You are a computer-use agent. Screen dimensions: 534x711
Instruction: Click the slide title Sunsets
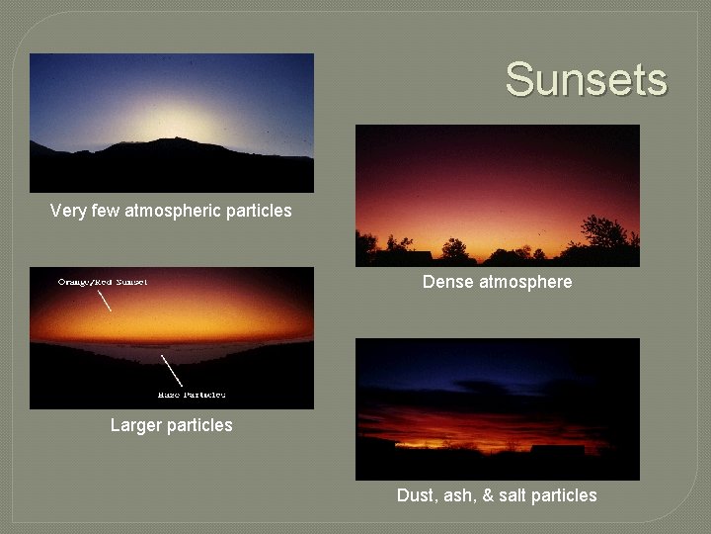click(x=586, y=79)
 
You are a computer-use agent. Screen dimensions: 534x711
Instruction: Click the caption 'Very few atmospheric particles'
click(x=171, y=211)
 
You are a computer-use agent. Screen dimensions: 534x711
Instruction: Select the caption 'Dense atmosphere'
click(x=497, y=282)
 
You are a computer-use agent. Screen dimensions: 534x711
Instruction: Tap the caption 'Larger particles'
click(x=171, y=425)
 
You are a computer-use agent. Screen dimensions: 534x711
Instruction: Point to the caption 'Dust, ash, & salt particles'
click(x=497, y=495)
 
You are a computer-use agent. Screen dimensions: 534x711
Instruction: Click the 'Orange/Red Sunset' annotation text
click(x=103, y=282)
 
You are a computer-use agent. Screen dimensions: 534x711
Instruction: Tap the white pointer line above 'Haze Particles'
click(x=170, y=370)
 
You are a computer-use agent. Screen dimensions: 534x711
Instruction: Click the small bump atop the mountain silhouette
click(x=176, y=138)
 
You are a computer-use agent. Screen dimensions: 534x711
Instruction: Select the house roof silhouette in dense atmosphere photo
click(x=416, y=255)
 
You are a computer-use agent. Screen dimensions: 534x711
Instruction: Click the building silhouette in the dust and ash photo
click(x=557, y=450)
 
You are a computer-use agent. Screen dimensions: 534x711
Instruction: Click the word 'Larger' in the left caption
click(x=137, y=425)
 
